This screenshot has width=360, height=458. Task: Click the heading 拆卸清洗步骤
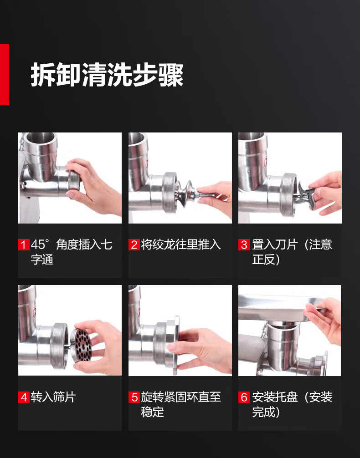click(107, 75)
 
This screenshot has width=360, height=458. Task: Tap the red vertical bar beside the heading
click(5, 74)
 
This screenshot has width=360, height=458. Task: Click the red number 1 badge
click(24, 245)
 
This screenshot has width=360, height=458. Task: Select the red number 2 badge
click(134, 245)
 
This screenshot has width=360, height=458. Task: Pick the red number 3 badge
click(244, 245)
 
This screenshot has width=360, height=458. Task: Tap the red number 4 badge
click(24, 397)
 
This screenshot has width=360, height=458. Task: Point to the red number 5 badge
click(134, 397)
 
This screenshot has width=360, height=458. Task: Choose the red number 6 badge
click(244, 397)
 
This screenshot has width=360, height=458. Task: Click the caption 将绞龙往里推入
click(181, 245)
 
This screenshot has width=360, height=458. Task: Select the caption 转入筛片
click(53, 397)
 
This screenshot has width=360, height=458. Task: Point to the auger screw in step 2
click(185, 193)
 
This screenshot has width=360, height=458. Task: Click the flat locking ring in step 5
click(176, 345)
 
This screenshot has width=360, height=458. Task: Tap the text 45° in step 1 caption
click(41, 245)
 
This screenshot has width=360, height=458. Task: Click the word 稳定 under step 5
click(152, 412)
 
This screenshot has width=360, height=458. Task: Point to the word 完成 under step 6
click(263, 412)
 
